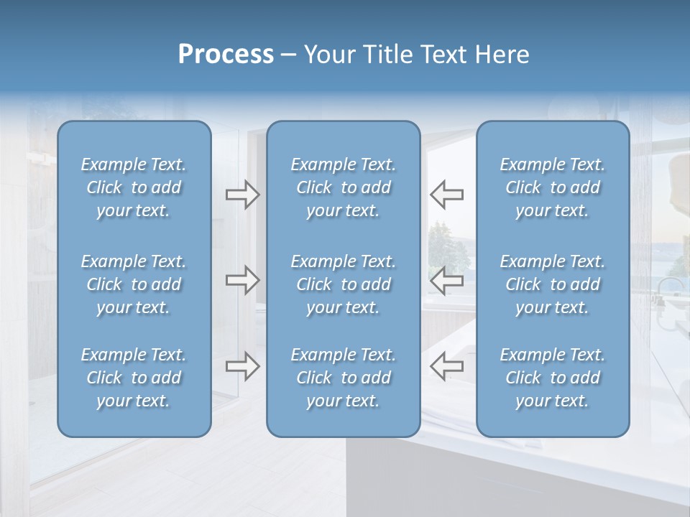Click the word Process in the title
(x=226, y=55)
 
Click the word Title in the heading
(x=385, y=55)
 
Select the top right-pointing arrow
(x=243, y=195)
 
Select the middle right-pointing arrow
(x=243, y=280)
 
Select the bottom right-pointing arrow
(x=243, y=366)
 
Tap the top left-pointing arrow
(x=447, y=195)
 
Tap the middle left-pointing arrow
(x=447, y=280)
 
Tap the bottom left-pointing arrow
(x=447, y=366)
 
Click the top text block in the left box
(x=134, y=187)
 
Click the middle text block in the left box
(x=134, y=284)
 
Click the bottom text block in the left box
(x=134, y=378)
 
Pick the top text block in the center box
(x=344, y=187)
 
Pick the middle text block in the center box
(x=344, y=284)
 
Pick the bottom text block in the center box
(x=344, y=378)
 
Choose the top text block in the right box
(x=553, y=187)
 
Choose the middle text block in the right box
(x=553, y=284)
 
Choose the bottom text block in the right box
(x=553, y=378)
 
